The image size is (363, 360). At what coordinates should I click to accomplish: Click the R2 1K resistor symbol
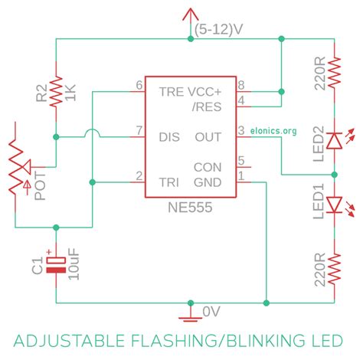coord(55,90)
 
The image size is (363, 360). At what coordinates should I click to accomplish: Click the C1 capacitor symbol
coord(56,264)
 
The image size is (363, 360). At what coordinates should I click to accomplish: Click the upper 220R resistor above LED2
coord(334,72)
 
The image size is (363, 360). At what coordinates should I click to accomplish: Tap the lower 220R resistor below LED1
coord(334,269)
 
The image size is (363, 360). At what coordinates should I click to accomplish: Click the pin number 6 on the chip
coord(139,84)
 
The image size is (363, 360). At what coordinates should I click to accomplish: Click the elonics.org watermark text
coord(273,130)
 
